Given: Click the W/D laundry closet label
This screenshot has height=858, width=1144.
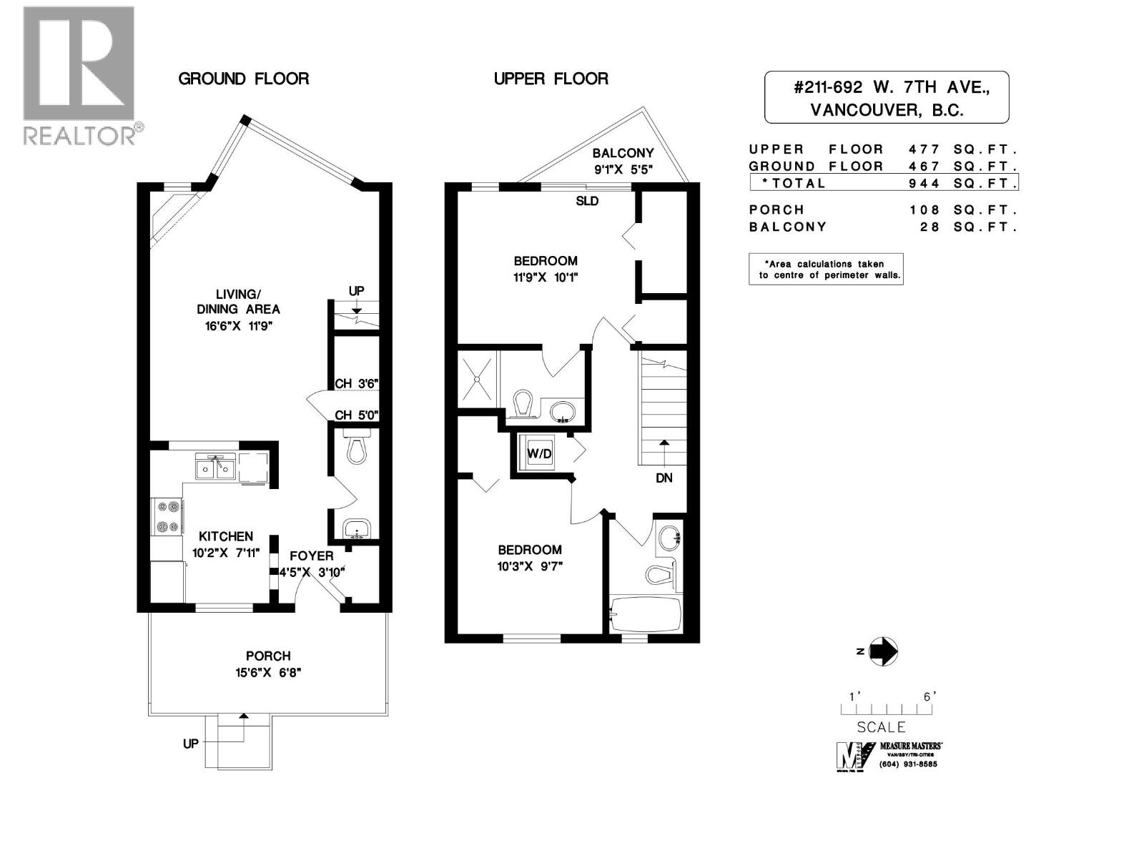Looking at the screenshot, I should (x=539, y=453).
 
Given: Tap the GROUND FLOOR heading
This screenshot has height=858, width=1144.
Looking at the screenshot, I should (x=243, y=79).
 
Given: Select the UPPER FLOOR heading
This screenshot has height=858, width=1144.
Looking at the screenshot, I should (x=551, y=79).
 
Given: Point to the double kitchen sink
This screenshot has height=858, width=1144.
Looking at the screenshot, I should (x=215, y=468).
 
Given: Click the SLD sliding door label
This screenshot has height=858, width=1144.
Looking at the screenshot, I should (x=587, y=201).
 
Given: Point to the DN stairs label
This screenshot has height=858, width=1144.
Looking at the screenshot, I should (x=664, y=478).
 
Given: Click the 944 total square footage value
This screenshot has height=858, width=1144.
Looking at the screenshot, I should (x=924, y=183).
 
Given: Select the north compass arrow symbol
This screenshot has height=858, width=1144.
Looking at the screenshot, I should (x=883, y=651).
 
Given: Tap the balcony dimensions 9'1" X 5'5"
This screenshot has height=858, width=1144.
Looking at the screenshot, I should (x=623, y=169).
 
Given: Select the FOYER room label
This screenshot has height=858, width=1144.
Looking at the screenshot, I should (x=311, y=556).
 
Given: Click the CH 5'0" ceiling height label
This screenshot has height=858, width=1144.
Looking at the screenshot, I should (x=356, y=415).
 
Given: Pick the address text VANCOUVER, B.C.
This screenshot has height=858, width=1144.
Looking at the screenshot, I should (x=887, y=110).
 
